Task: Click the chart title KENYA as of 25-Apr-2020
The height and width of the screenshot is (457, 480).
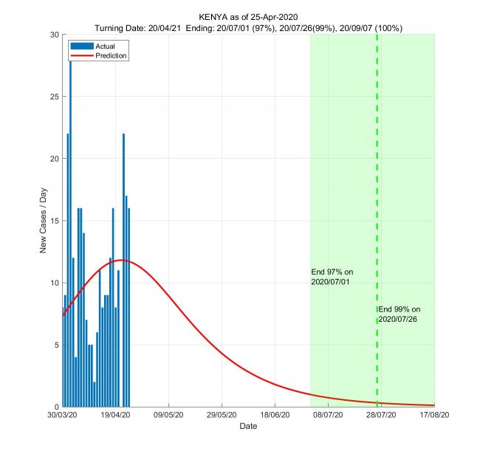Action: pyautogui.click(x=249, y=16)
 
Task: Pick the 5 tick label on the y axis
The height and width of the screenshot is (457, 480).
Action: pyautogui.click(x=56, y=345)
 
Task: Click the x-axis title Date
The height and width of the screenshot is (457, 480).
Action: pyautogui.click(x=249, y=427)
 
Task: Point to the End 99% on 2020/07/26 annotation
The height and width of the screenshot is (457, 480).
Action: pyautogui.click(x=400, y=314)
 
